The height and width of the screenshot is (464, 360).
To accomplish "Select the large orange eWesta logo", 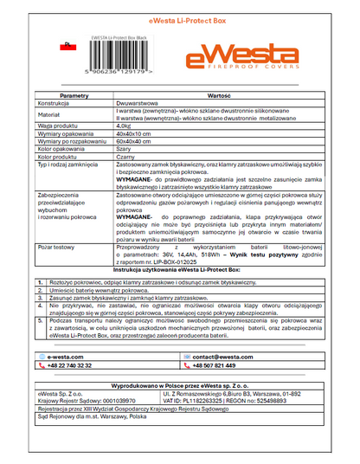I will coord(245,59).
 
